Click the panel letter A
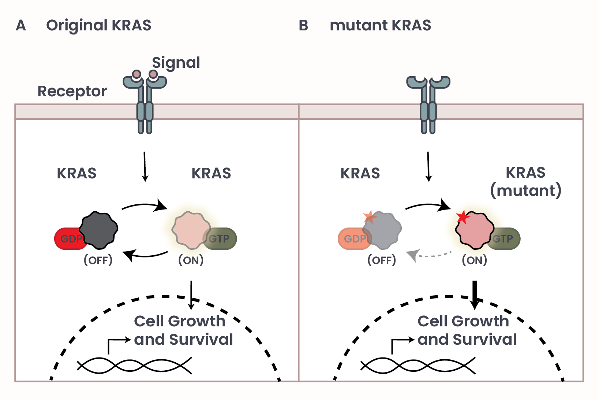pyautogui.click(x=21, y=26)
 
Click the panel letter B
pyautogui.click(x=303, y=26)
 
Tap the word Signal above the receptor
pyautogui.click(x=176, y=63)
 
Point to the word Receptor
pyautogui.click(x=72, y=91)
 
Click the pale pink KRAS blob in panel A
pyautogui.click(x=190, y=230)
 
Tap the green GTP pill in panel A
pyautogui.click(x=222, y=239)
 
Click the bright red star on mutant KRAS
pyautogui.click(x=463, y=217)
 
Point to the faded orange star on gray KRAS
pyautogui.click(x=370, y=217)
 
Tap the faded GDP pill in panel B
pyautogui.click(x=351, y=239)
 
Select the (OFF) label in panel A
pyautogui.click(x=98, y=260)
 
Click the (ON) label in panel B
pyautogui.click(x=474, y=260)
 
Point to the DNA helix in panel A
pyautogui.click(x=134, y=366)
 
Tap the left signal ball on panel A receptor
pyautogui.click(x=136, y=74)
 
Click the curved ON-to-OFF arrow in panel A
pyautogui.click(x=146, y=254)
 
